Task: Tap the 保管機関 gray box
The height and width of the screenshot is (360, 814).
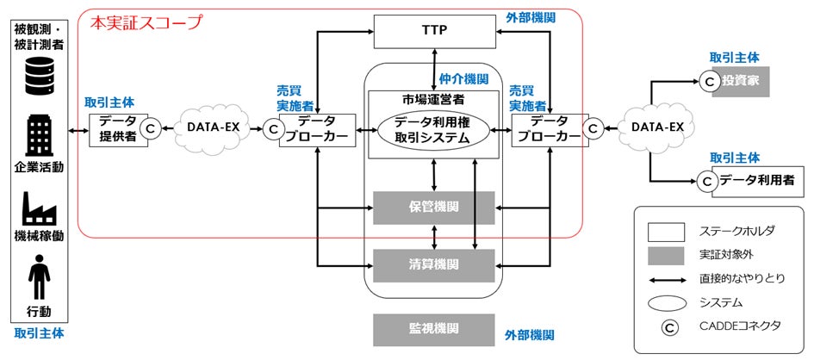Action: point(433,208)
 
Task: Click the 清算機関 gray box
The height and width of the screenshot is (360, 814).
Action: point(433,264)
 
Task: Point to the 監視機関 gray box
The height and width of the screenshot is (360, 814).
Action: point(433,329)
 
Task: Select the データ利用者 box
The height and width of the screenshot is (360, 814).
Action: point(745,181)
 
